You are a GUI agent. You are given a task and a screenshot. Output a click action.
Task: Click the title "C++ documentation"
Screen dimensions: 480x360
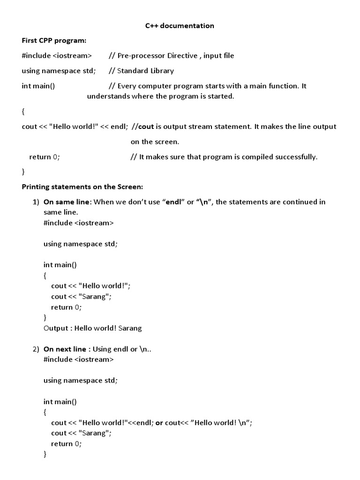180,26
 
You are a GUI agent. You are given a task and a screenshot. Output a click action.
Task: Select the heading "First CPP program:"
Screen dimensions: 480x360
54,41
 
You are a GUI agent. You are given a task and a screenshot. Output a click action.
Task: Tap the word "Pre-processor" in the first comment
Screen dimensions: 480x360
139,56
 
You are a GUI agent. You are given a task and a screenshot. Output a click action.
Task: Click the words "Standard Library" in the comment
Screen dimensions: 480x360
145,71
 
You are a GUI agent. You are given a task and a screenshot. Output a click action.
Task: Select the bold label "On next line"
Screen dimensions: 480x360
65,349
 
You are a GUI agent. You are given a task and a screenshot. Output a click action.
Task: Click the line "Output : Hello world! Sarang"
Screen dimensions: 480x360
92,328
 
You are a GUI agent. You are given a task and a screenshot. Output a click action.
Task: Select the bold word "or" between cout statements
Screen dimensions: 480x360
159,422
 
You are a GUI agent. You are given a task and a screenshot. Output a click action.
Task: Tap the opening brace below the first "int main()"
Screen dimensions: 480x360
23,112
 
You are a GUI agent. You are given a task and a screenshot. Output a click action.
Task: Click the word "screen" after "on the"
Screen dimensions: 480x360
168,142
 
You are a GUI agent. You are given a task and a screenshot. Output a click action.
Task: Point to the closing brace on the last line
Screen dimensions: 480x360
45,454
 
